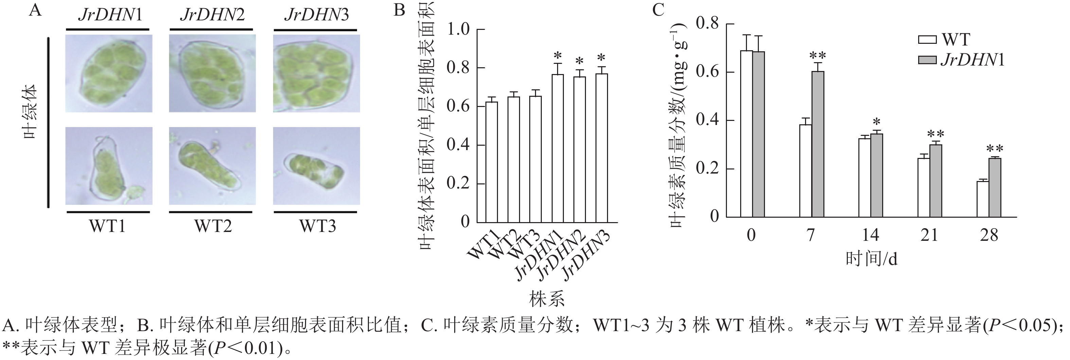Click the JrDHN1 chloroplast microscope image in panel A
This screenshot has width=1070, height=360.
coord(109,73)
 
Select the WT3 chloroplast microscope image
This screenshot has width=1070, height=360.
coord(317,166)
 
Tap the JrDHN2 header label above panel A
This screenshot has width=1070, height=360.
coord(212,15)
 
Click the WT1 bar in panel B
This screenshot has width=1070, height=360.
coord(492,162)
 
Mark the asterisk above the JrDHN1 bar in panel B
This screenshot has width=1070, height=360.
coord(558,56)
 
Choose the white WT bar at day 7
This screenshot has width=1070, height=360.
coord(805,170)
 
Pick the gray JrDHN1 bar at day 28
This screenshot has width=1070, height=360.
coord(995,188)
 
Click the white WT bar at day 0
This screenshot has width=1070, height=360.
coord(746,134)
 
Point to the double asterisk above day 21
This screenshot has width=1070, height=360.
coord(936,134)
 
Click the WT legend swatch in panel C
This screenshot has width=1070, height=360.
coord(927,40)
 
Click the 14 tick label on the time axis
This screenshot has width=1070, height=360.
coord(870,235)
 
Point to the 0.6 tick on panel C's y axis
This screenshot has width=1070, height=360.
coord(707,72)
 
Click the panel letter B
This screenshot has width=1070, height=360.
coord(399,10)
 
